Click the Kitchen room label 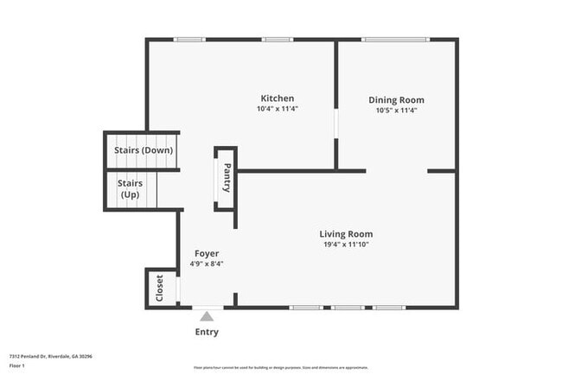(x=277, y=99)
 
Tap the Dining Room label (x=396, y=100)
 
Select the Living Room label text (x=346, y=234)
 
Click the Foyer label (x=207, y=253)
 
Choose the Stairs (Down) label (x=144, y=150)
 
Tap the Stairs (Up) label (x=130, y=188)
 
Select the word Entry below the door (x=207, y=332)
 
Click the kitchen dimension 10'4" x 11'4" (x=277, y=109)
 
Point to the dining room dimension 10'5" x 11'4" (x=396, y=111)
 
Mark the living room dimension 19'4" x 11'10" (x=346, y=245)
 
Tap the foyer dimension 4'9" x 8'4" (x=207, y=264)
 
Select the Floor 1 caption (x=18, y=365)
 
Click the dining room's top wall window (x=394, y=39)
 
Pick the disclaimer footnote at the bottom (x=280, y=367)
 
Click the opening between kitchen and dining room (x=336, y=122)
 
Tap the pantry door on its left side (x=216, y=185)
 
